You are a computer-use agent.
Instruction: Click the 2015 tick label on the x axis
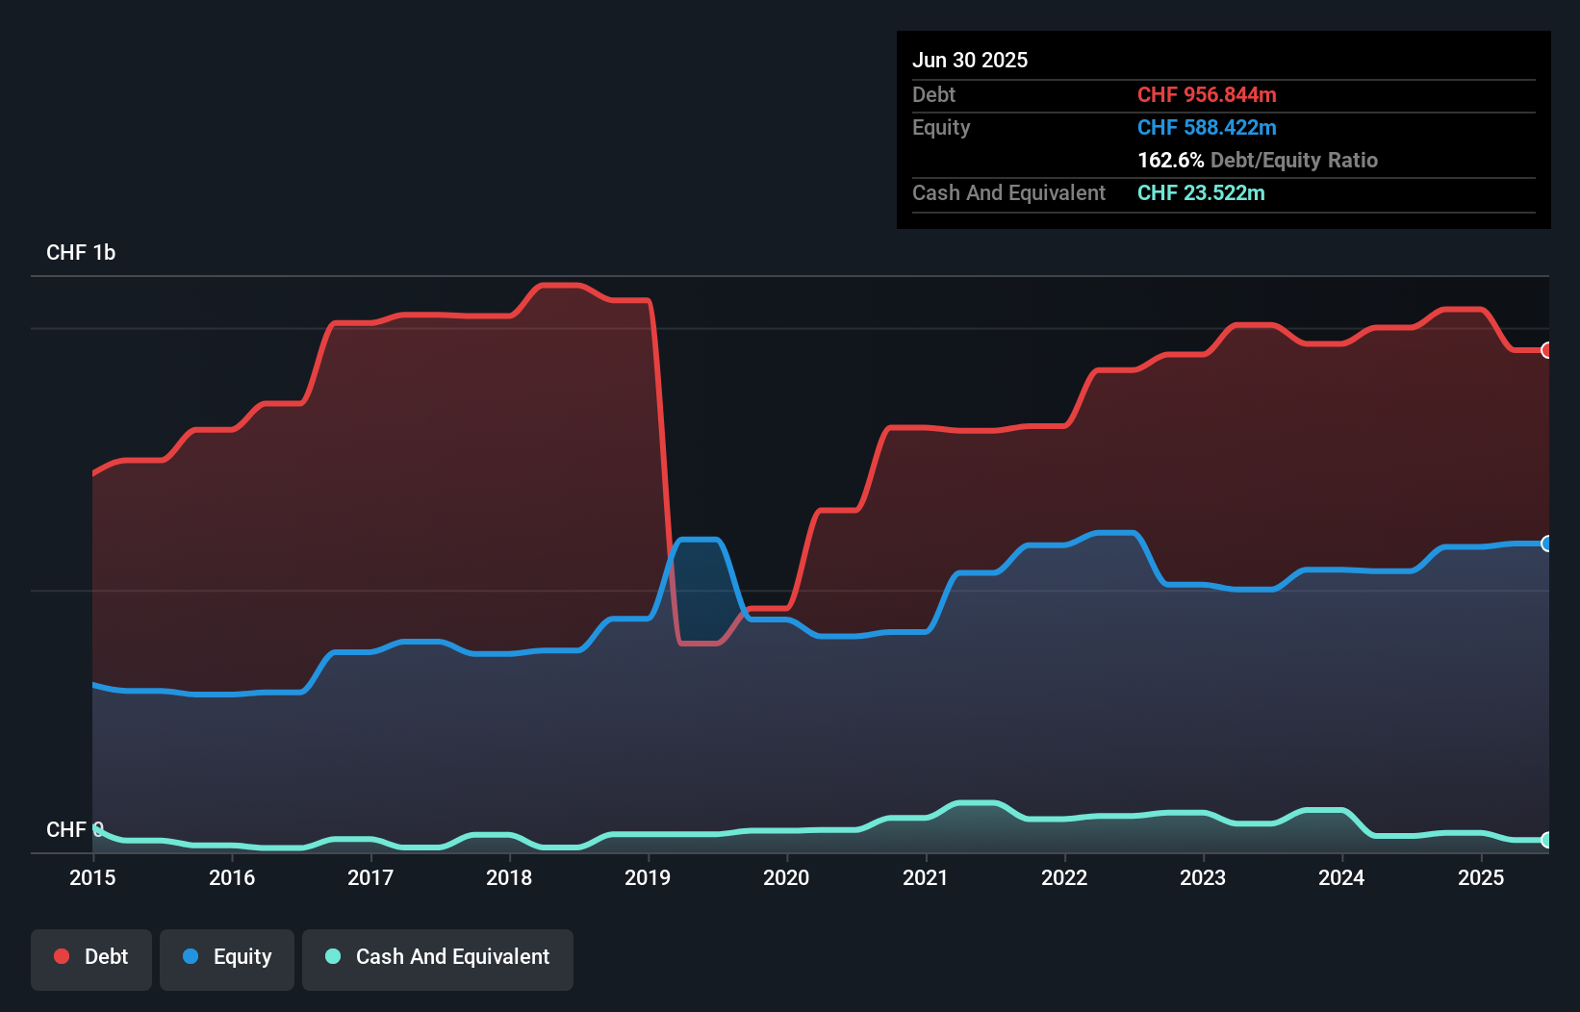pyautogui.click(x=92, y=877)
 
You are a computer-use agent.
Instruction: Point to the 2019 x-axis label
pyautogui.click(x=648, y=877)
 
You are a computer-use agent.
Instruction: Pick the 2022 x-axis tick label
pyautogui.click(x=1064, y=877)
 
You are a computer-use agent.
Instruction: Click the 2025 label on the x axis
pyautogui.click(x=1481, y=877)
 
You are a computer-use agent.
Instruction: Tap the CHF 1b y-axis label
pyautogui.click(x=81, y=253)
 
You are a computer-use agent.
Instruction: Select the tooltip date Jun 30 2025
pyautogui.click(x=970, y=61)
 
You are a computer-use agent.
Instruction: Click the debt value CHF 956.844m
pyautogui.click(x=1207, y=95)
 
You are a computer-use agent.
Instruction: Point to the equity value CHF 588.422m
pyautogui.click(x=1207, y=128)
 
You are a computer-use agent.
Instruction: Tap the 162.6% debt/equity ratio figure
pyautogui.click(x=1170, y=161)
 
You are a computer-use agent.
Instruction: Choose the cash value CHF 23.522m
pyautogui.click(x=1201, y=193)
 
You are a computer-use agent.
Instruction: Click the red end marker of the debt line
pyautogui.click(x=1546, y=350)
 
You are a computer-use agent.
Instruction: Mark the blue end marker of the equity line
pyautogui.click(x=1546, y=544)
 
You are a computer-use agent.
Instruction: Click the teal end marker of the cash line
pyautogui.click(x=1546, y=840)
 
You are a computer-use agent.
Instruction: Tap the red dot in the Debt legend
pyautogui.click(x=62, y=956)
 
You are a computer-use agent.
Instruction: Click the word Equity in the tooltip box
pyautogui.click(x=941, y=128)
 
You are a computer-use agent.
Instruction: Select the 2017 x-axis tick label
pyautogui.click(x=370, y=877)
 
